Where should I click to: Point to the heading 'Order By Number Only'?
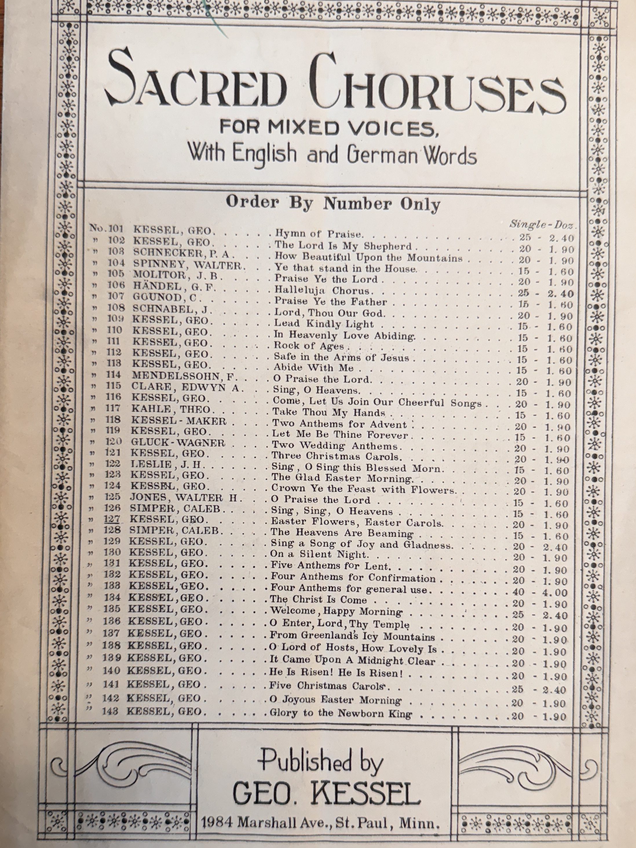(x=333, y=203)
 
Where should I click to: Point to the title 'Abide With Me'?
(x=312, y=368)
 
